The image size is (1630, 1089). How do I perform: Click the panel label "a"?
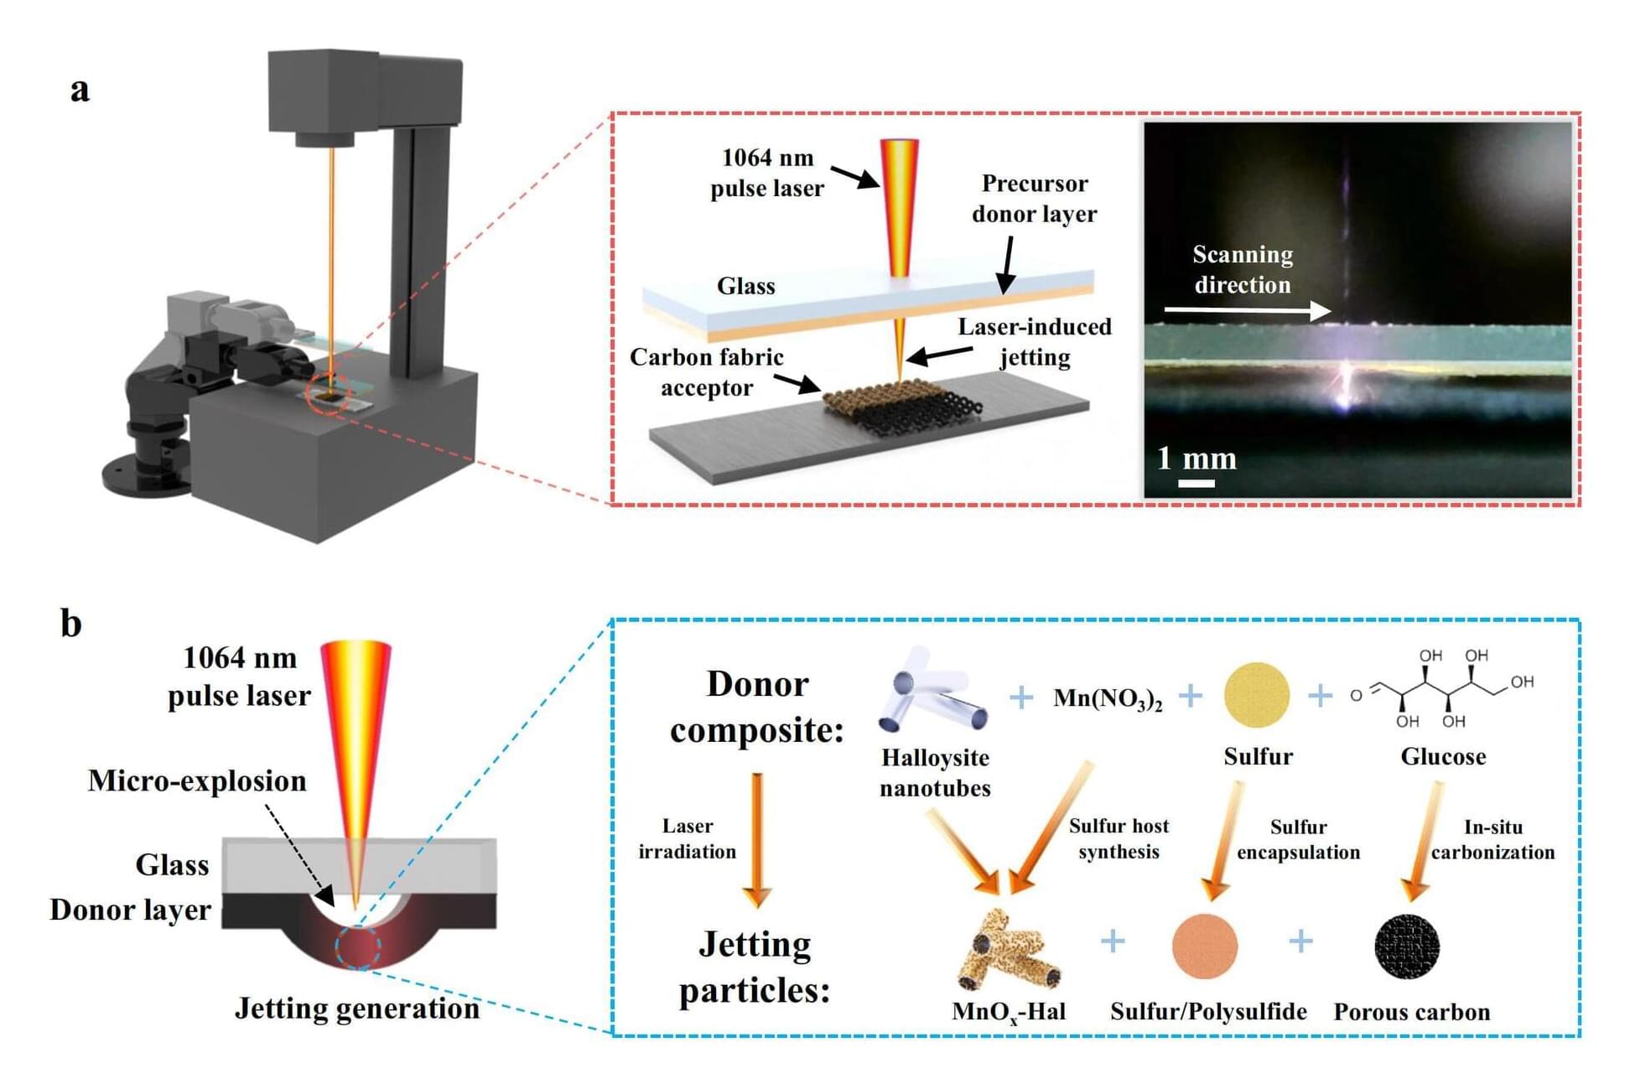click(80, 89)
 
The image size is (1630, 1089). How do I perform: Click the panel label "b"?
click(71, 624)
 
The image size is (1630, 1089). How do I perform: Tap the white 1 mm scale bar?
click(1196, 483)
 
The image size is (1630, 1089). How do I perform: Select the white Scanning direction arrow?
click(1247, 311)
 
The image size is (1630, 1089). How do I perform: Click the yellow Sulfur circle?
click(1257, 695)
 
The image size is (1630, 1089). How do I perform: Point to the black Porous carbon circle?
click(1407, 946)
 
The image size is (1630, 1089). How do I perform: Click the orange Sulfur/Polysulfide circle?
click(1205, 946)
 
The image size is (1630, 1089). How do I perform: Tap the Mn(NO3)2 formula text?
click(1107, 698)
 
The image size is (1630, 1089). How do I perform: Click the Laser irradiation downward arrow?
click(756, 838)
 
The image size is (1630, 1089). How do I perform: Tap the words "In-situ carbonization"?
click(1492, 839)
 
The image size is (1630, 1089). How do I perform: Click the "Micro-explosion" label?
click(197, 780)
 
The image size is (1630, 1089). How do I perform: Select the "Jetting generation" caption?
click(356, 1008)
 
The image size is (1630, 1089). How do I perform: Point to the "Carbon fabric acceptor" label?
click(706, 372)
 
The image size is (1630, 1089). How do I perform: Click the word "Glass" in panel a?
click(745, 287)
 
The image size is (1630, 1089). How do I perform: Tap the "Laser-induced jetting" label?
click(1035, 342)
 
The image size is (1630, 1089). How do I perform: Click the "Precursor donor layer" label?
click(1034, 199)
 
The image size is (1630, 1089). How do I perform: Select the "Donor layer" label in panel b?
click(130, 910)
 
